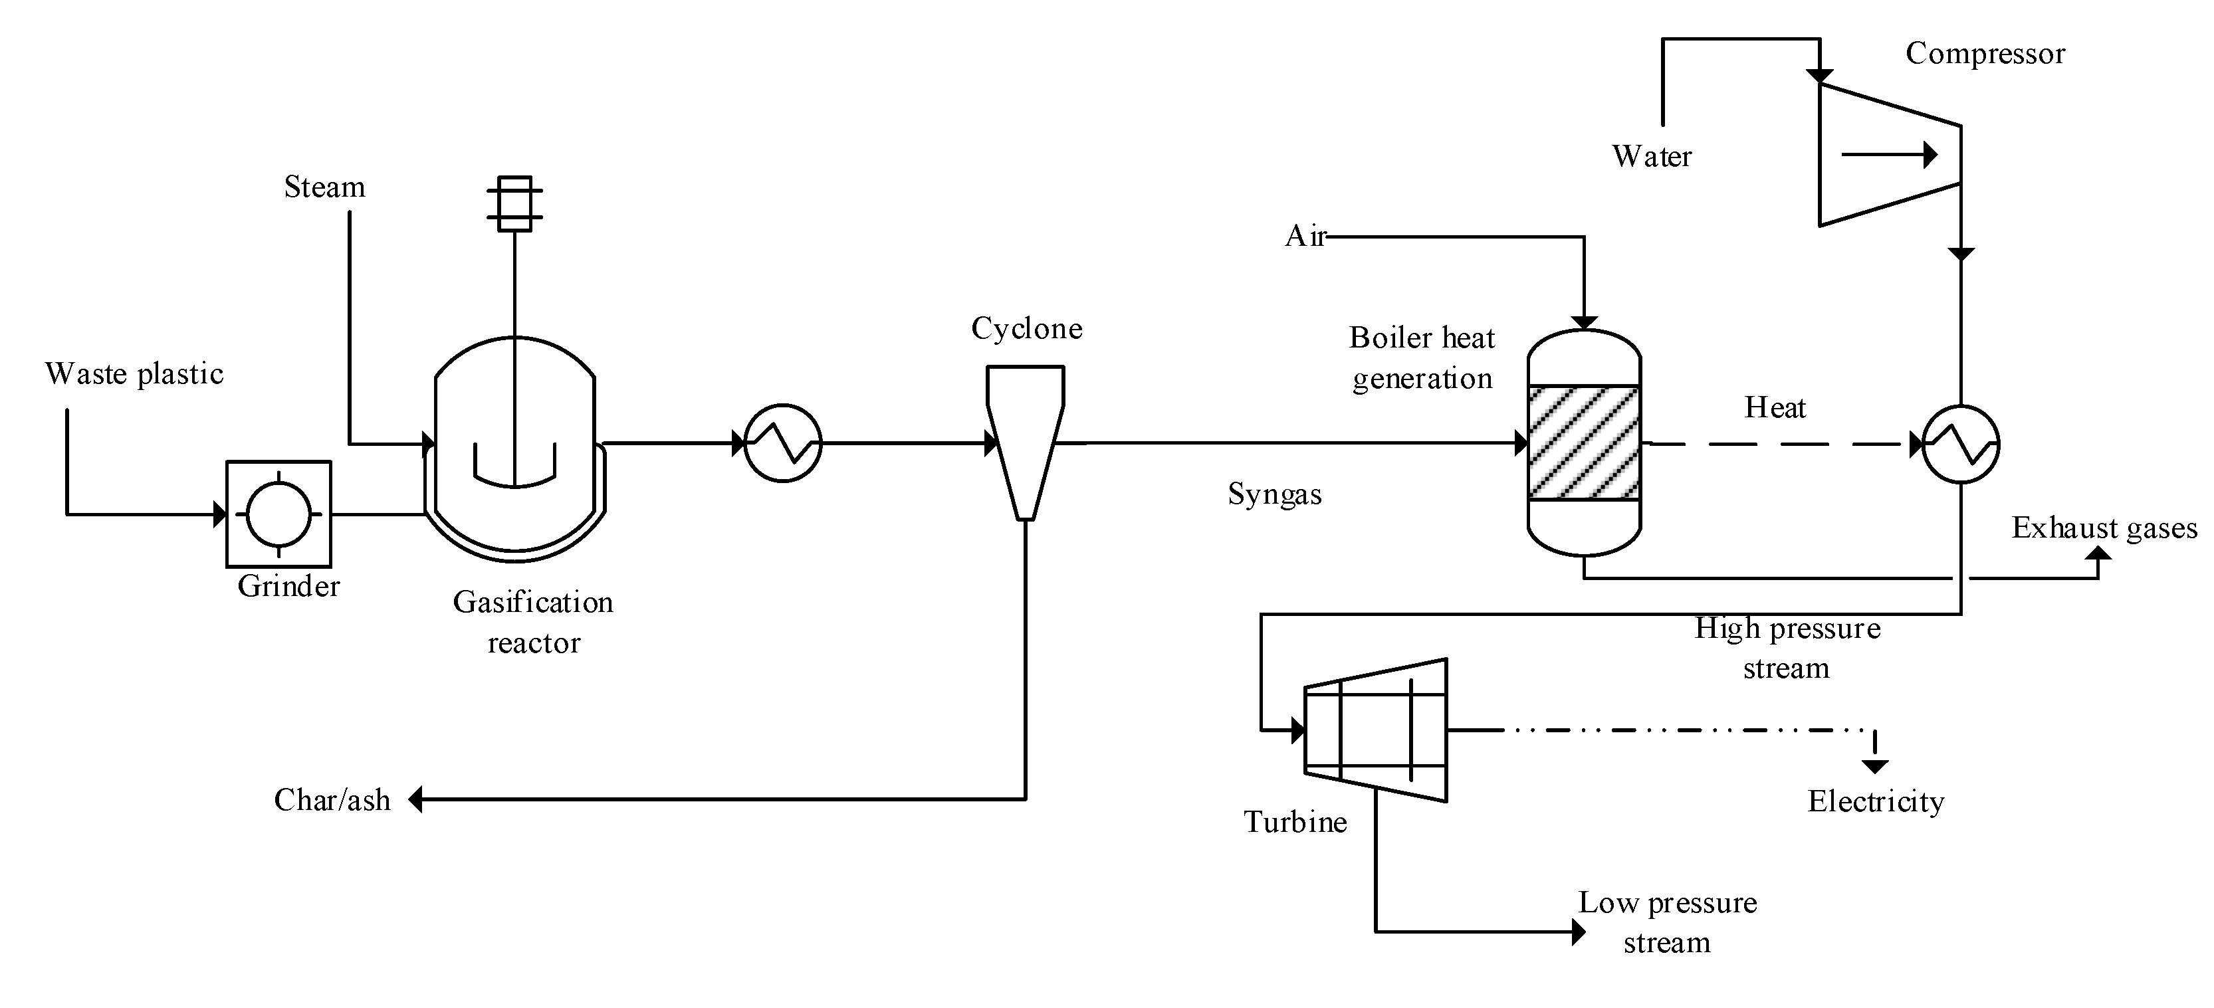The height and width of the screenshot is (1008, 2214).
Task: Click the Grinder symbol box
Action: click(278, 514)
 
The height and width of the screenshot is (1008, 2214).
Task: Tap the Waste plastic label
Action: click(134, 374)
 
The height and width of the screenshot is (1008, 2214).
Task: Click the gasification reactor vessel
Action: click(515, 447)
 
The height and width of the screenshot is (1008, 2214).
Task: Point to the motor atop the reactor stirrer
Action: click(514, 204)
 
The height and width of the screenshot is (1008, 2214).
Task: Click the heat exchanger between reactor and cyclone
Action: click(782, 443)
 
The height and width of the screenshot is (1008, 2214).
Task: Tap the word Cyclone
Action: click(1026, 328)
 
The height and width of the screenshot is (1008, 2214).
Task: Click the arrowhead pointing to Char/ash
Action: click(415, 799)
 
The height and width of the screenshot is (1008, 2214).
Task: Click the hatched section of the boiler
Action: click(1583, 443)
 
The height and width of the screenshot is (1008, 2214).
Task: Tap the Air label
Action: click(1305, 237)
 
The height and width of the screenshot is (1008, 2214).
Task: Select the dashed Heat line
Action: click(1775, 445)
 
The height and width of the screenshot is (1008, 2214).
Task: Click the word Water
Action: click(1651, 156)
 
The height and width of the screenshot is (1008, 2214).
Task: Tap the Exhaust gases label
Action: click(2104, 528)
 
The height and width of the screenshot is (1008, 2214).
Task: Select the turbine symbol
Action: click(1375, 730)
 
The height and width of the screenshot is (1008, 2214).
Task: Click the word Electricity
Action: click(1876, 802)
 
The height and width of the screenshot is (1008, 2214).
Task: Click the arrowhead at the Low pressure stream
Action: click(1578, 932)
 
